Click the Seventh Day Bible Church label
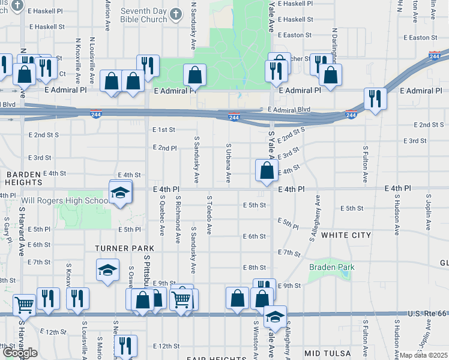tap(143, 15)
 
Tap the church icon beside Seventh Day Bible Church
tap(175, 13)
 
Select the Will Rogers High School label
tap(65, 200)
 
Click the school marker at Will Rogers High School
tap(120, 192)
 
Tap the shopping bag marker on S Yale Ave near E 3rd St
tap(266, 171)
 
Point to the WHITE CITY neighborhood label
tap(346, 235)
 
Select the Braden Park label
tap(331, 267)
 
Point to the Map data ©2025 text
tap(424, 355)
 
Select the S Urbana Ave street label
tap(228, 162)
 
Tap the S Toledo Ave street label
tap(209, 214)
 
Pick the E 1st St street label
tap(163, 130)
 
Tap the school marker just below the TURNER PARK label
tap(107, 271)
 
